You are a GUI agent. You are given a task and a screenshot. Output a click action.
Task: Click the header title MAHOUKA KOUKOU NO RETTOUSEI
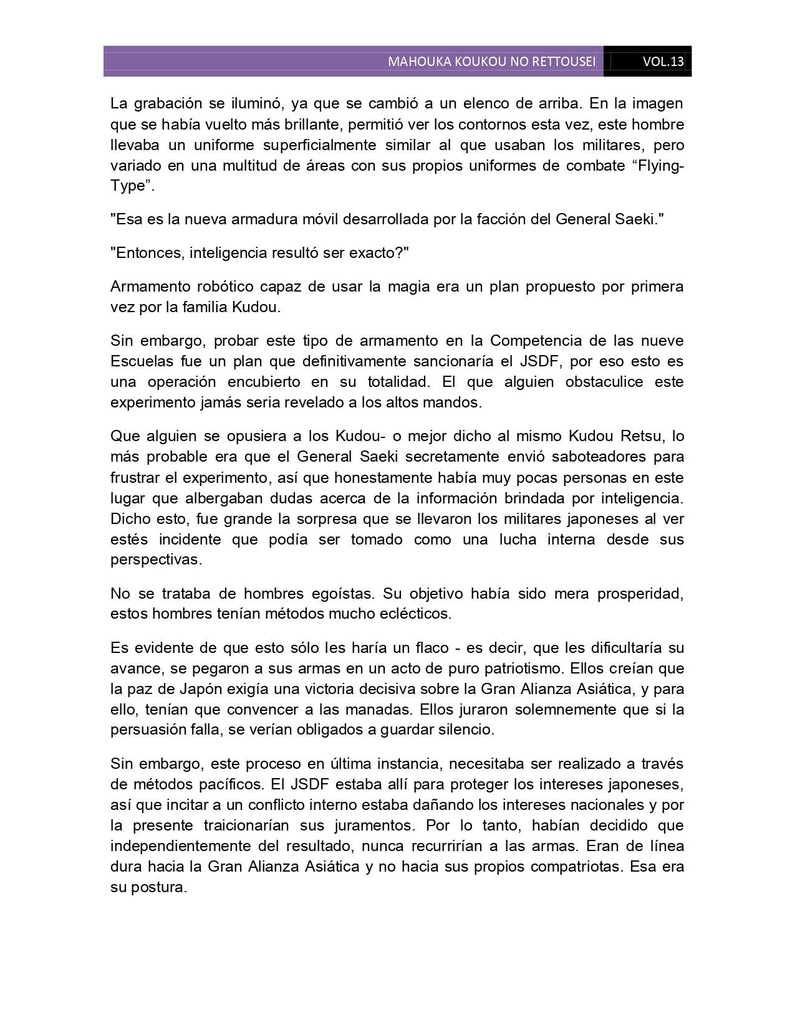[491, 62]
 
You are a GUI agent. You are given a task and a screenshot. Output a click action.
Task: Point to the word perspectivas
[156, 559]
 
